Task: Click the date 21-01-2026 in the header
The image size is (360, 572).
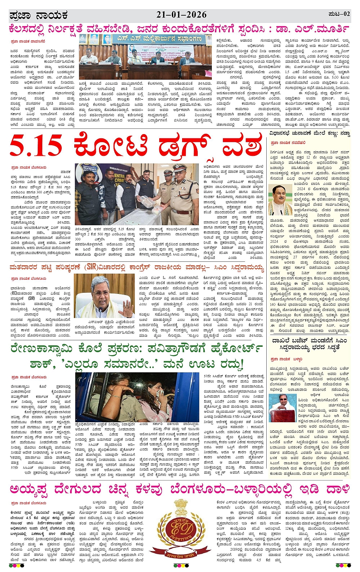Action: coord(181,15)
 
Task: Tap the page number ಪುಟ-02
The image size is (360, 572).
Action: coord(339,14)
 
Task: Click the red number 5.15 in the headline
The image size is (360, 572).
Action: coord(36,146)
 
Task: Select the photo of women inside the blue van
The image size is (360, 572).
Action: coord(137,397)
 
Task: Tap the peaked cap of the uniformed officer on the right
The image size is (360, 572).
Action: coord(179,168)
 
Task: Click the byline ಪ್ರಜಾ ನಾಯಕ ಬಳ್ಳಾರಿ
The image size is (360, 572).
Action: coord(286,359)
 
